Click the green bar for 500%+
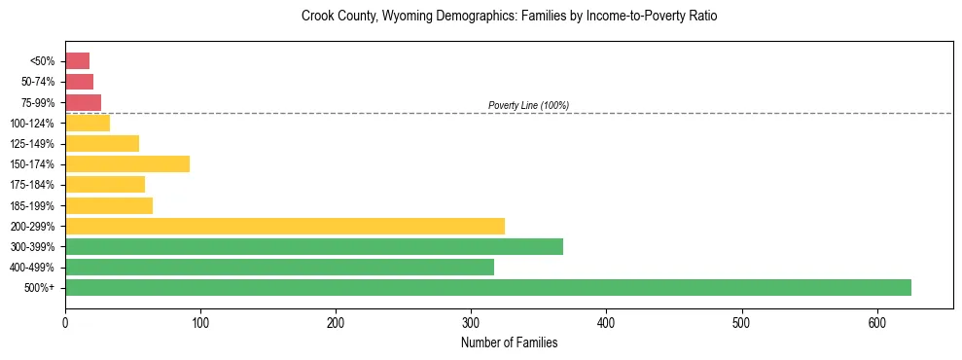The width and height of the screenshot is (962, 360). click(487, 287)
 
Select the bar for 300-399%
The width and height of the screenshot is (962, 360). click(313, 246)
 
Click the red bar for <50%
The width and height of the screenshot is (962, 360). click(77, 60)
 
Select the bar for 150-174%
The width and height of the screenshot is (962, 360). click(126, 163)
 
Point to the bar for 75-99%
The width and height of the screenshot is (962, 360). click(83, 102)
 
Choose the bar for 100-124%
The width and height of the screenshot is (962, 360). click(88, 123)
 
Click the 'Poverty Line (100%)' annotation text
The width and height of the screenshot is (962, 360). click(528, 105)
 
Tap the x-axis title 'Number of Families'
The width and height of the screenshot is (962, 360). click(509, 342)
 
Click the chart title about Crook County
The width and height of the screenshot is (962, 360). click(509, 17)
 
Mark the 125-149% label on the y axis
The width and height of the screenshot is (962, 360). click(32, 144)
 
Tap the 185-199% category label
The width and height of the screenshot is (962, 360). click(32, 206)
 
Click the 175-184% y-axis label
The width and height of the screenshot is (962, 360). click(32, 185)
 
